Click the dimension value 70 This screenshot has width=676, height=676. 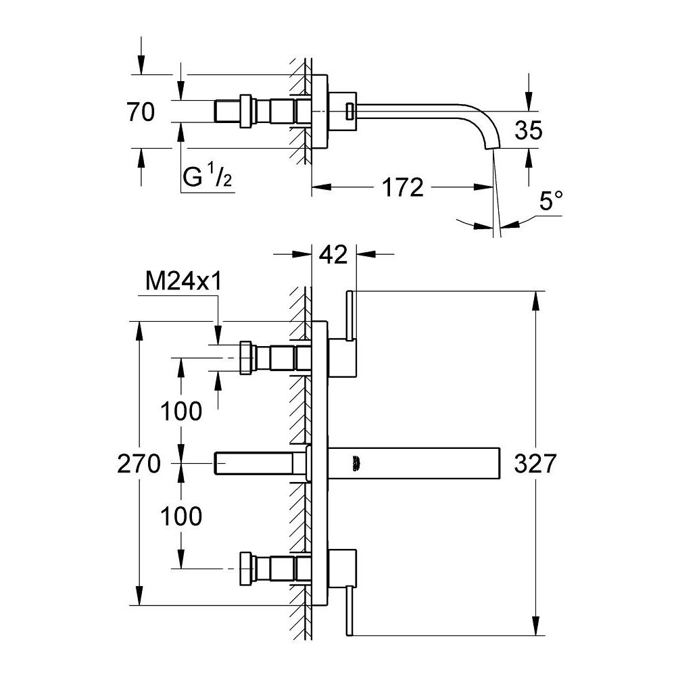(x=141, y=112)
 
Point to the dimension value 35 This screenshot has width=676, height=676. (x=527, y=130)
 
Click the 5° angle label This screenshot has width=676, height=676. (x=550, y=201)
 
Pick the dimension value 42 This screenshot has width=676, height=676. (x=333, y=255)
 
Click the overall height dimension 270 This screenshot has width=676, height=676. (x=139, y=464)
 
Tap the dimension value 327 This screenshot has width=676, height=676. (x=535, y=464)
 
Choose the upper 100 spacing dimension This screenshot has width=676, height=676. (x=182, y=410)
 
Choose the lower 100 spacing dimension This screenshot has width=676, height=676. (x=182, y=516)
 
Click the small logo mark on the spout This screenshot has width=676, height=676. (x=356, y=463)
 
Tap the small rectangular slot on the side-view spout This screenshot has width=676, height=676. (x=349, y=111)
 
